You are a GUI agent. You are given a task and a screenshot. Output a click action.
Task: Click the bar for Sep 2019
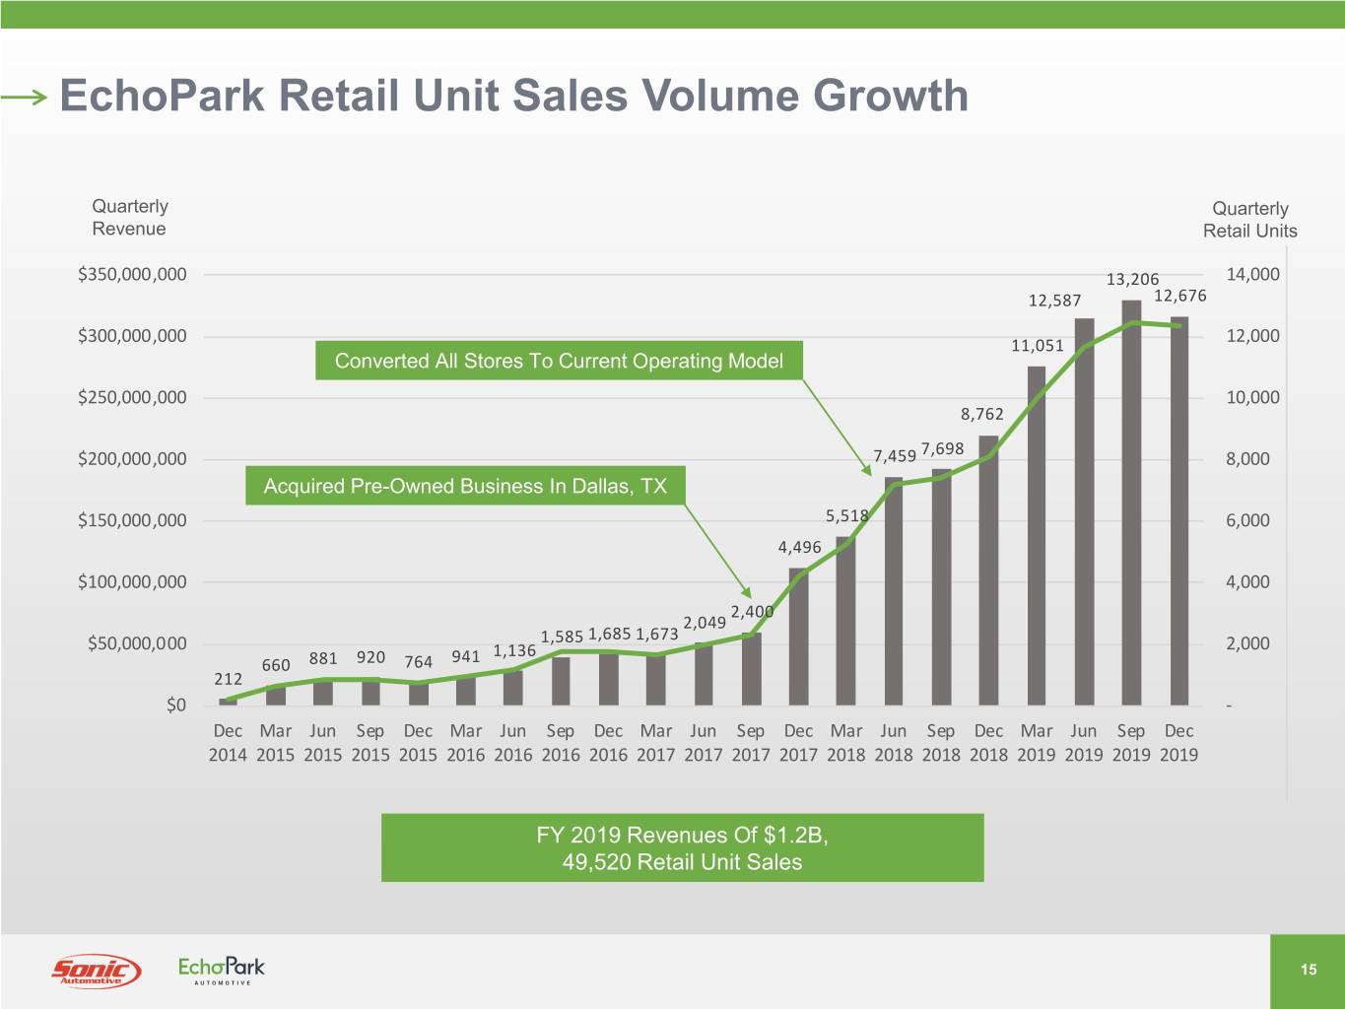click(1131, 503)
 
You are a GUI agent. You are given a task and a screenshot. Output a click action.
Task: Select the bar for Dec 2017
click(798, 636)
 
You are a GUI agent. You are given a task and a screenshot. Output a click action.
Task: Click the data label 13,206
click(1132, 280)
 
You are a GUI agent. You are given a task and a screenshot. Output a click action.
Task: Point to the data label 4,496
click(799, 547)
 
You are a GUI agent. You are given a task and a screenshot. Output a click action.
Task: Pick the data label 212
click(228, 679)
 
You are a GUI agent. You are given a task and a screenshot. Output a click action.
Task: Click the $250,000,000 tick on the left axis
click(132, 398)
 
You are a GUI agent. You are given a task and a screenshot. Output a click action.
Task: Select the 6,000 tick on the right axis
click(1247, 520)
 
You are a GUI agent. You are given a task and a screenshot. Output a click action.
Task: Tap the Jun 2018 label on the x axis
click(893, 743)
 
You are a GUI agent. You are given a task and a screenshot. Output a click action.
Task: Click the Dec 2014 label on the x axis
click(228, 743)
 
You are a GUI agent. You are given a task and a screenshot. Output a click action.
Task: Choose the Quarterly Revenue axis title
click(129, 218)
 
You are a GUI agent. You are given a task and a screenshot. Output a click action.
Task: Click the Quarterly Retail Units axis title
click(1249, 220)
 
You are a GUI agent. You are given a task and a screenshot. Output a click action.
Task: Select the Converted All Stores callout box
click(559, 361)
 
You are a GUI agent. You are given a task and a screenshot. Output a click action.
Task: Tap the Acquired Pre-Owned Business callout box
click(465, 486)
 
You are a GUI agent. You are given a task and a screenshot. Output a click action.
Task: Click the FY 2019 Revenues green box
click(682, 848)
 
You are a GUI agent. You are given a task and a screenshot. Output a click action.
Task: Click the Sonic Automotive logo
click(96, 971)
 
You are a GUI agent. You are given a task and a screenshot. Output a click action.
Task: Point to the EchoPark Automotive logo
click(222, 970)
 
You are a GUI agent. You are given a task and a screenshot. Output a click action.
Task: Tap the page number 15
click(1308, 970)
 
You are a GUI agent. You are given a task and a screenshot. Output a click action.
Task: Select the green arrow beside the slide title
click(24, 97)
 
